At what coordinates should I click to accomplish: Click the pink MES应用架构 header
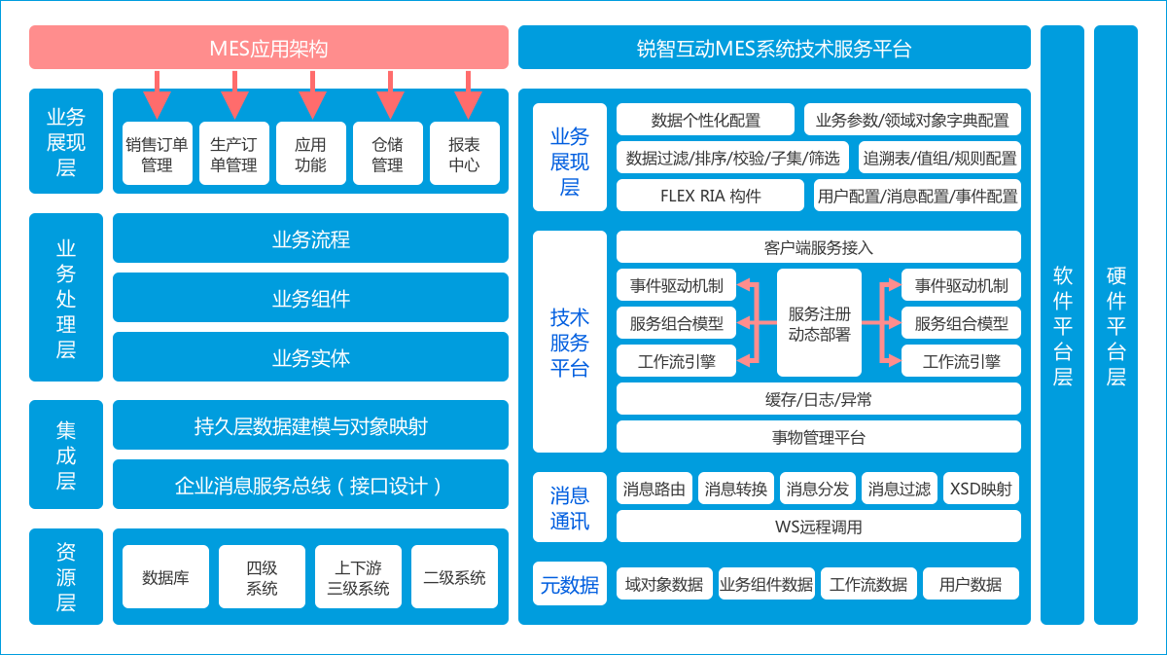[268, 48]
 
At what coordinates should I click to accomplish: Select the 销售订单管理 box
[157, 154]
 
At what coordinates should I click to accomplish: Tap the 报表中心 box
[464, 154]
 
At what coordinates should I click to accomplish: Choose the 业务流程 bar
[310, 238]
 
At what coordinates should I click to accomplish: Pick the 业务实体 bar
[310, 357]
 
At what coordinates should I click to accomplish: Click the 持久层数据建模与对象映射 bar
[310, 425]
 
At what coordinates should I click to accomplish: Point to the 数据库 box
[165, 577]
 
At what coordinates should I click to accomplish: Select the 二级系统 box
[454, 577]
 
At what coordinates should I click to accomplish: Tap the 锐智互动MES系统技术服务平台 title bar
[774, 48]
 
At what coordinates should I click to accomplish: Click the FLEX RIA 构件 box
[710, 195]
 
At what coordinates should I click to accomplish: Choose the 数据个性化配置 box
[705, 120]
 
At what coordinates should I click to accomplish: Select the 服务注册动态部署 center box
[819, 323]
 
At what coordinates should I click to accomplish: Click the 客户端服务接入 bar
[819, 246]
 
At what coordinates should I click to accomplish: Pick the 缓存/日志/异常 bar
[819, 399]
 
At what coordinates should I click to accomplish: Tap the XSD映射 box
[981, 488]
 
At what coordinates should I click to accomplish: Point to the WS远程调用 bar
[819, 527]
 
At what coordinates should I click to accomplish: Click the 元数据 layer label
[570, 584]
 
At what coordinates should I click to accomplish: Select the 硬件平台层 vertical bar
[1115, 324]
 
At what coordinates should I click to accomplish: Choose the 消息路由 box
[654, 488]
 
